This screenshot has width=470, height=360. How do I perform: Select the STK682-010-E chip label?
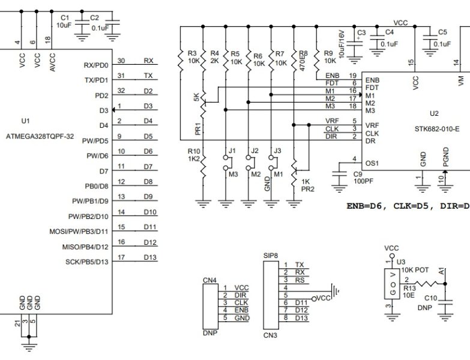tap(436, 128)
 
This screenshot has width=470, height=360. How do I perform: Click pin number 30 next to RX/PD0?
tap(121, 61)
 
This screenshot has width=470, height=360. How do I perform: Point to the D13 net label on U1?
tap(149, 258)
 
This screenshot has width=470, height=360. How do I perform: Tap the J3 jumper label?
tap(276, 149)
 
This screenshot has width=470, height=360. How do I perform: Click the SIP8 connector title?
tap(271, 256)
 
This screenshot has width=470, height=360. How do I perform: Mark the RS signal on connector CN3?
tap(300, 280)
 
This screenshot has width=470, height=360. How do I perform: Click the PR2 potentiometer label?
tap(307, 188)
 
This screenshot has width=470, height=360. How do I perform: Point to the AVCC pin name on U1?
tap(53, 62)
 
